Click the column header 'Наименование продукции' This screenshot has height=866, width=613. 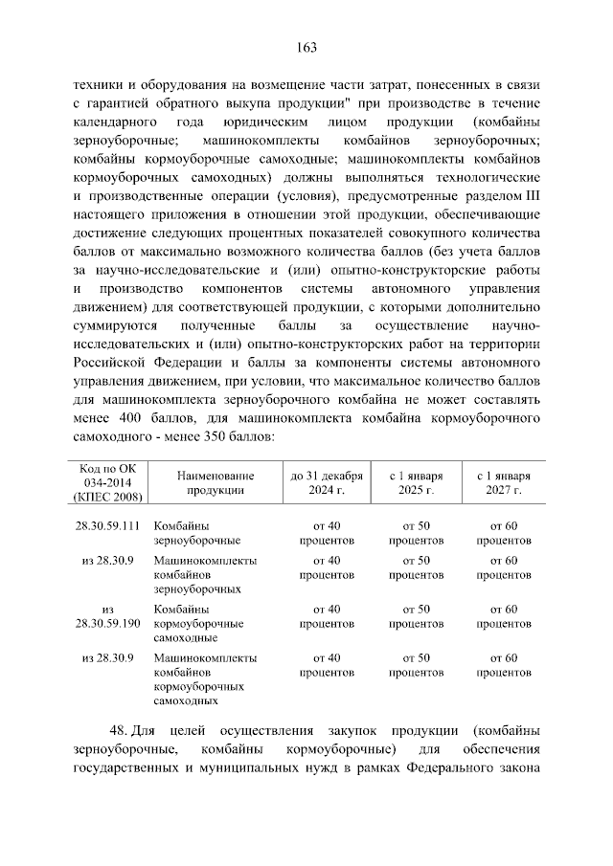(202, 481)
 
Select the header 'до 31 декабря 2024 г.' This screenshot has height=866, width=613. (326, 481)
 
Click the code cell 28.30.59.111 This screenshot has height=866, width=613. (108, 525)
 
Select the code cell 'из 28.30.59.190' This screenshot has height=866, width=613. (108, 615)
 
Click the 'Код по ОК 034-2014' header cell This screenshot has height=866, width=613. (108, 481)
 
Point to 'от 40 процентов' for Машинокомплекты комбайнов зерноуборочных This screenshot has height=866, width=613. (326, 566)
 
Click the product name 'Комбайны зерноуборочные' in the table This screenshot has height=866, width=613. (186, 533)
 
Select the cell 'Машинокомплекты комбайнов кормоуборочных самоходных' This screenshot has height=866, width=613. (203, 679)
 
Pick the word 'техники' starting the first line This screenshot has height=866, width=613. (96, 85)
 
